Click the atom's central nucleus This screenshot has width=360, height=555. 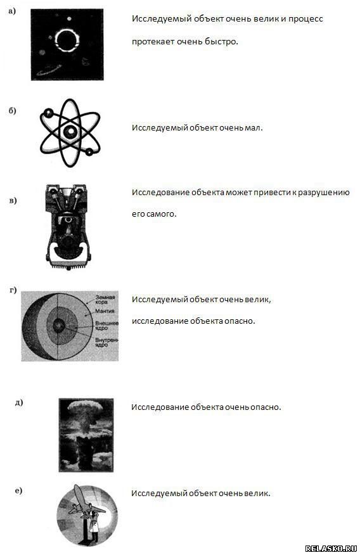(70, 132)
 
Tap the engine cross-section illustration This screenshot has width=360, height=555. (68, 227)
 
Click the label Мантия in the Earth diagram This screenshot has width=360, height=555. (105, 311)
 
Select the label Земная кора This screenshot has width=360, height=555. (105, 300)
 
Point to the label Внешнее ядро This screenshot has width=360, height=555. (107, 326)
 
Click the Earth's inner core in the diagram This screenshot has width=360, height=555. (59, 324)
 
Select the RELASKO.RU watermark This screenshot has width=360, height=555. (331, 549)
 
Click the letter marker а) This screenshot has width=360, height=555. (12, 11)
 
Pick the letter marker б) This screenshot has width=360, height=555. (13, 111)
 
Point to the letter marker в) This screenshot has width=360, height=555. (13, 201)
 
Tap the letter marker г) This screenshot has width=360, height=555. (13, 291)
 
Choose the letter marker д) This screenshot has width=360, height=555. (19, 402)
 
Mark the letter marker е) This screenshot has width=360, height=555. (18, 490)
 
